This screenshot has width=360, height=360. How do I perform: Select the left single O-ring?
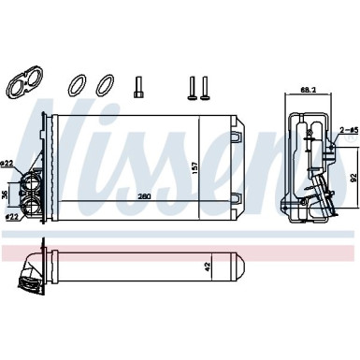click(x=77, y=86)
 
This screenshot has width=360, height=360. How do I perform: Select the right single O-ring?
click(x=105, y=86)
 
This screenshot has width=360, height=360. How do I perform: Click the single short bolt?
click(x=139, y=86)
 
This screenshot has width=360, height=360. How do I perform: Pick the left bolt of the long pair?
click(x=191, y=87)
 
